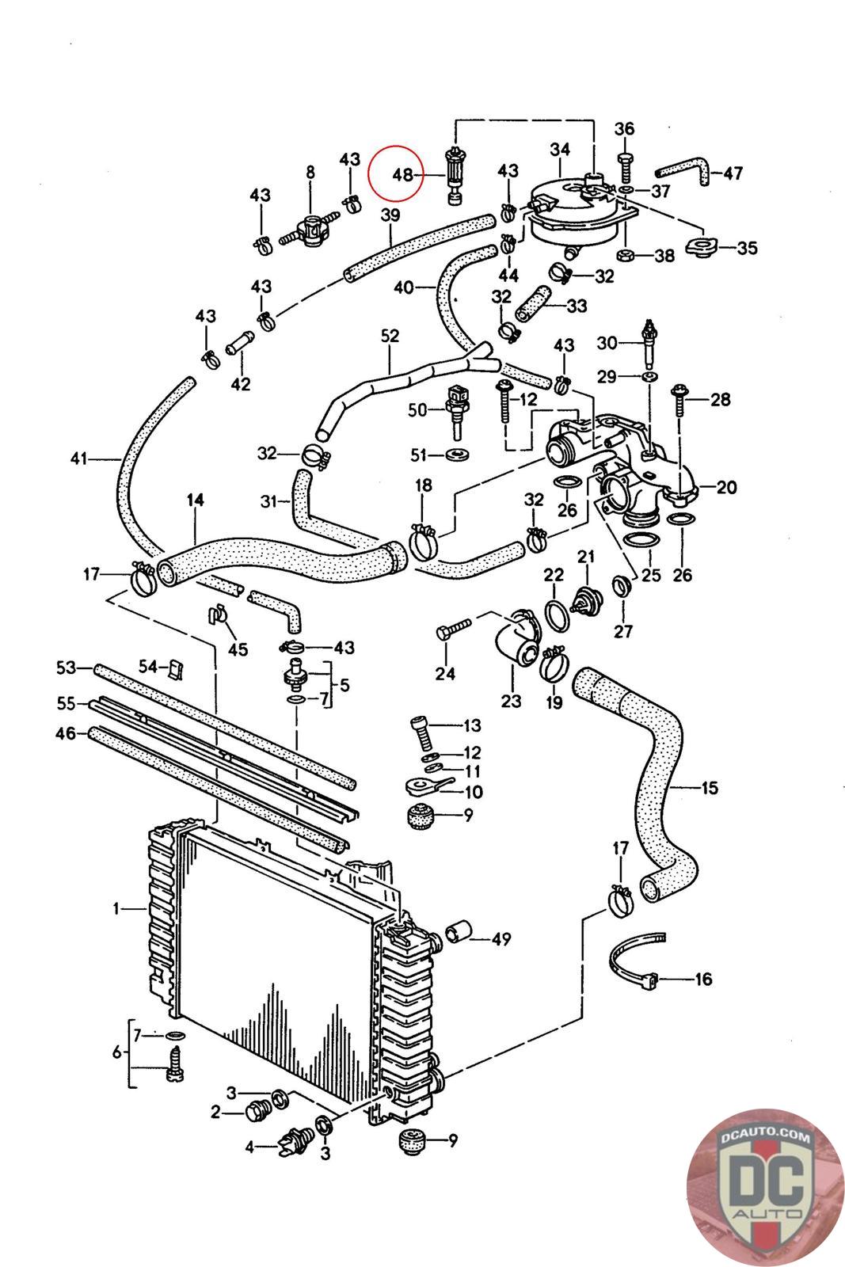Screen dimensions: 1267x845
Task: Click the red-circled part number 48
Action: [x=403, y=174]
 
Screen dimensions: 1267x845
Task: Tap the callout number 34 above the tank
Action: [x=560, y=149]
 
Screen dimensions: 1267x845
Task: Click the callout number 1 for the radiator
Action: [x=116, y=909]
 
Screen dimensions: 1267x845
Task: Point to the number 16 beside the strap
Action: [x=703, y=980]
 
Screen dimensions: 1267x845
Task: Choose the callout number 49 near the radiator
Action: [x=501, y=940]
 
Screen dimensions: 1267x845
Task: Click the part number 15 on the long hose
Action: [x=710, y=788]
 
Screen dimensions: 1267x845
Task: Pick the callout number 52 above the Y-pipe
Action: [x=390, y=336]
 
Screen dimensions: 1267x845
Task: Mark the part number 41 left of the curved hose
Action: [x=78, y=458]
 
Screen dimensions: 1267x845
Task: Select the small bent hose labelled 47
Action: [x=683, y=171]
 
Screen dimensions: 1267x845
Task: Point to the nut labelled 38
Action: [x=624, y=255]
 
